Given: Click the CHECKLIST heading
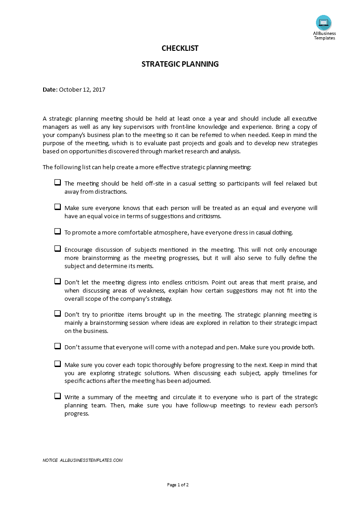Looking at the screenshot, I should pyautogui.click(x=180, y=49).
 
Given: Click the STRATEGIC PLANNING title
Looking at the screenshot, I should pyautogui.click(x=180, y=64).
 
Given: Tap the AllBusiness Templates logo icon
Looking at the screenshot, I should pyautogui.click(x=324, y=22).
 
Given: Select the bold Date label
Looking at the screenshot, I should pyautogui.click(x=50, y=90).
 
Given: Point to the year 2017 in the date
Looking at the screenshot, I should pyautogui.click(x=99, y=90).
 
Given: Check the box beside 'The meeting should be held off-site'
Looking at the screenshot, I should pyautogui.click(x=58, y=182).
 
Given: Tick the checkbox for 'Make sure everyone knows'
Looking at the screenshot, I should pyautogui.click(x=58, y=207).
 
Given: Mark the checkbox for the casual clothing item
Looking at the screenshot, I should pyautogui.click(x=58, y=231).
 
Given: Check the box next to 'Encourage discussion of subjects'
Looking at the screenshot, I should pyautogui.click(x=58, y=249).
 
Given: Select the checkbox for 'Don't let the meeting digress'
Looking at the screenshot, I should pyautogui.click(x=58, y=281).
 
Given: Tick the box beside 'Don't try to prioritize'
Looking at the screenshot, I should pyautogui.click(x=58, y=313).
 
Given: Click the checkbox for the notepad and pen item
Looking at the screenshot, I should pyautogui.click(x=58, y=346).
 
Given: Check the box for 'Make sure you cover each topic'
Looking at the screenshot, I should pyautogui.click(x=58, y=364).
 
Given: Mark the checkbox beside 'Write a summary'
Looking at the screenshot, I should pyautogui.click(x=58, y=396).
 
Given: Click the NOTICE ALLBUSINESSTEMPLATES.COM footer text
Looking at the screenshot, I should pyautogui.click(x=83, y=460).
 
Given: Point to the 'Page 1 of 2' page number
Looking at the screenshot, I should pyautogui.click(x=178, y=485).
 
